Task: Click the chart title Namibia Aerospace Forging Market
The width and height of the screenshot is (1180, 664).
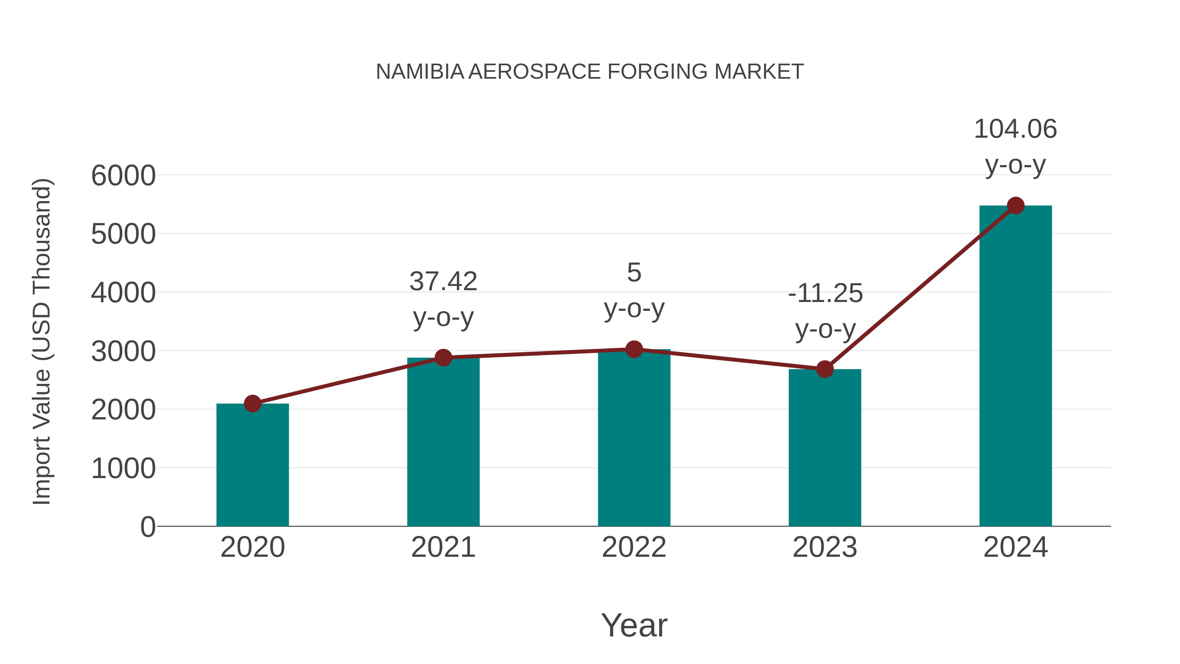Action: (590, 72)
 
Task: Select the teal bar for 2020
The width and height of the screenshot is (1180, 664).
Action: (252, 465)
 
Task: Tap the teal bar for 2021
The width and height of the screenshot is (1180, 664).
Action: (443, 442)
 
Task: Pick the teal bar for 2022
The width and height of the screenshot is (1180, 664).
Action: (634, 438)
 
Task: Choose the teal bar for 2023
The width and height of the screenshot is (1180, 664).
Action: (825, 448)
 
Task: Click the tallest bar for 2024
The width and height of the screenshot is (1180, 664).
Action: (1015, 367)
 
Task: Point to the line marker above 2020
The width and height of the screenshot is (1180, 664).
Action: (252, 404)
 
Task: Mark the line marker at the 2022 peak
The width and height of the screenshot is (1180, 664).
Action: (634, 349)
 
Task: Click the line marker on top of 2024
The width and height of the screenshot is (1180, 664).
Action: (1015, 206)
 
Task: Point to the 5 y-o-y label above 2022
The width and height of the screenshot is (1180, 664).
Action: (634, 290)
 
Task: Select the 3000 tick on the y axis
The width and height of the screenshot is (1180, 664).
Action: (123, 352)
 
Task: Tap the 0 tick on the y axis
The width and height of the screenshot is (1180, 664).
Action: (147, 527)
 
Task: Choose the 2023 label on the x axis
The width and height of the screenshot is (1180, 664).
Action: (825, 547)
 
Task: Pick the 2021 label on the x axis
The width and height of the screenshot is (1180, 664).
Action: (443, 547)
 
